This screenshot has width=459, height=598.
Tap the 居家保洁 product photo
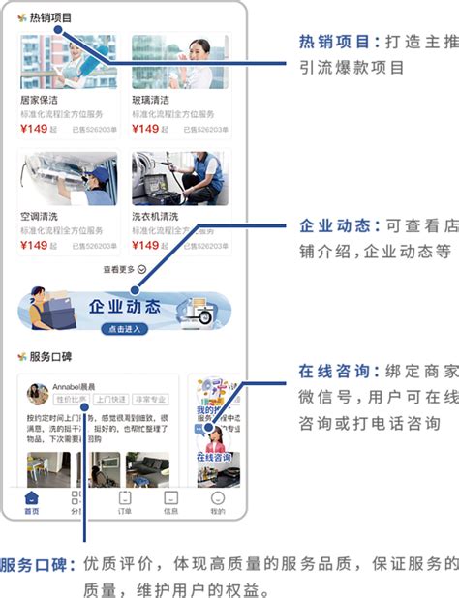point(68,63)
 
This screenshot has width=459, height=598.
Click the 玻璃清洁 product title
point(151,100)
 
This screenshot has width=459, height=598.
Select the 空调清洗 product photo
point(68,179)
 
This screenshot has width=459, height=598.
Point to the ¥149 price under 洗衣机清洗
point(145,245)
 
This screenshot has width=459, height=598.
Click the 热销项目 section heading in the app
point(49,17)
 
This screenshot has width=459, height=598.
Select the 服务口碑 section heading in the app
point(49,356)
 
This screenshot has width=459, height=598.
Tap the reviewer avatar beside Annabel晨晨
point(38,393)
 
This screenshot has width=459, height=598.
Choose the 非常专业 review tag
point(150,399)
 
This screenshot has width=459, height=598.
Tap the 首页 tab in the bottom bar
point(32,502)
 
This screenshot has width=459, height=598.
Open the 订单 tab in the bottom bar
point(125,502)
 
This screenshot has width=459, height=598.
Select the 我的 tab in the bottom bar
point(217,502)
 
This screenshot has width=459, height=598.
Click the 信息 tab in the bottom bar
point(170,502)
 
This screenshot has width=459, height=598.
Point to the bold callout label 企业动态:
point(335,226)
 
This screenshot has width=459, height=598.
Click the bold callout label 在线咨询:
point(335,372)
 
